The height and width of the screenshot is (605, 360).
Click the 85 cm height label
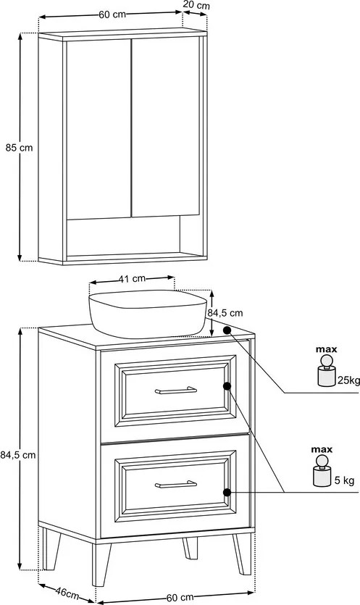point(19,147)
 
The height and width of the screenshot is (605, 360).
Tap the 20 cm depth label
point(196,5)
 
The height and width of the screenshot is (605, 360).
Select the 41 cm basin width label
point(132,278)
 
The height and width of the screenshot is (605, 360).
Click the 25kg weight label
point(349,380)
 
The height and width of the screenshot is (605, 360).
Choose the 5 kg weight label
point(344,480)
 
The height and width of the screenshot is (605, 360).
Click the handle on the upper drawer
point(176,391)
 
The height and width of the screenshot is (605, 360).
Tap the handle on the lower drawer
point(176,484)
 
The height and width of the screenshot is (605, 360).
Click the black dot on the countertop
point(227,330)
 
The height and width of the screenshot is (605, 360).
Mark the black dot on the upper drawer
point(227,386)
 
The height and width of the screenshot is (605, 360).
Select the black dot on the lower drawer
point(227,493)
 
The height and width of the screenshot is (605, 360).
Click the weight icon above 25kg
point(327,371)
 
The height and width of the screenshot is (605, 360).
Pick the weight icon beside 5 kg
point(322,471)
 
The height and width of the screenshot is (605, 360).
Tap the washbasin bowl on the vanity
point(147,313)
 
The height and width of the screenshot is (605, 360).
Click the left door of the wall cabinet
point(99,130)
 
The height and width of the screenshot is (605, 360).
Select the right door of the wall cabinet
point(166,127)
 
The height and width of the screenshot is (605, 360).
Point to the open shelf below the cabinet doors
point(123,236)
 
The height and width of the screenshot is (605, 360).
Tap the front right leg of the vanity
point(242,554)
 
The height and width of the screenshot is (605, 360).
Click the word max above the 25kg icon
point(327,349)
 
